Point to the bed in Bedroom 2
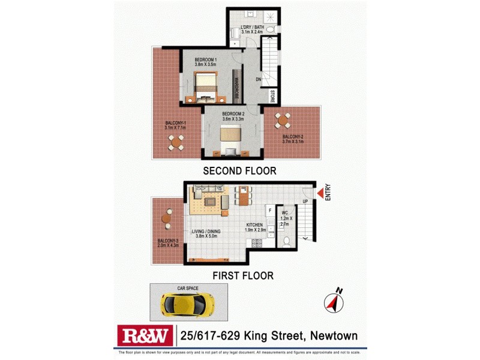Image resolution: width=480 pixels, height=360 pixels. (230, 140)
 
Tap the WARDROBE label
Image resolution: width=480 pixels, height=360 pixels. (237, 88)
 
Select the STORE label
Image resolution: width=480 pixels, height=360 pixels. (272, 96)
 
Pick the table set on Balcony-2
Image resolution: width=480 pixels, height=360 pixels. (282, 120)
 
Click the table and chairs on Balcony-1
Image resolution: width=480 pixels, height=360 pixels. (176, 142)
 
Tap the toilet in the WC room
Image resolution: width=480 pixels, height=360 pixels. (286, 241)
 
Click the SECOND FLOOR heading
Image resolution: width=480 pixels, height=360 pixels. (239, 171)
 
